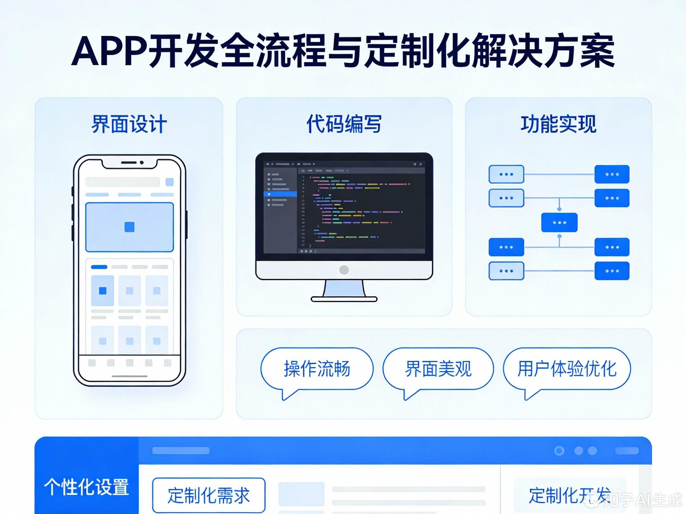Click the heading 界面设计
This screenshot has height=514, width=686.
pyautogui.click(x=129, y=124)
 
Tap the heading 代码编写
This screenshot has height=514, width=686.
pyautogui.click(x=344, y=124)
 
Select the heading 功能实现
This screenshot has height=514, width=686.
pyautogui.click(x=558, y=124)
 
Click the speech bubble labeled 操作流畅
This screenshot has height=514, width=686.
pyautogui.click(x=317, y=369)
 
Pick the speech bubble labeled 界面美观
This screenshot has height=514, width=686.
pyautogui.click(x=438, y=369)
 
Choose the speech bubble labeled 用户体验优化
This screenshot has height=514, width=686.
pyautogui.click(x=567, y=369)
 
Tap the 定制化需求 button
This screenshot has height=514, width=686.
pyautogui.click(x=209, y=495)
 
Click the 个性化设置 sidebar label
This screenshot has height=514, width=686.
pyautogui.click(x=86, y=487)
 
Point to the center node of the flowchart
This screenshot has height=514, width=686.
pyautogui.click(x=559, y=222)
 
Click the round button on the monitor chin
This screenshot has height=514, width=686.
pyautogui.click(x=344, y=270)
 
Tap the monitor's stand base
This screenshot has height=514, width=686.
pyautogui.click(x=344, y=299)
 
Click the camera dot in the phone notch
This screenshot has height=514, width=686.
pyautogui.click(x=142, y=162)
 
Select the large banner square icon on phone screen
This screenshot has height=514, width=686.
pyautogui.click(x=129, y=227)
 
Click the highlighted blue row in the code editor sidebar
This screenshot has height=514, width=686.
pyautogui.click(x=280, y=194)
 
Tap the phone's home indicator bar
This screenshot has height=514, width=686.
pyautogui.click(x=129, y=376)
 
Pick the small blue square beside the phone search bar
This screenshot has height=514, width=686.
pyautogui.click(x=170, y=182)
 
